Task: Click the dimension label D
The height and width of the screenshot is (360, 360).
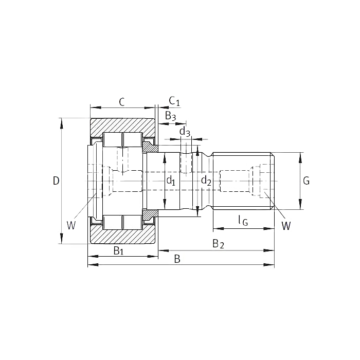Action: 56,181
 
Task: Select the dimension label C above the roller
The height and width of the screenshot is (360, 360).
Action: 122,102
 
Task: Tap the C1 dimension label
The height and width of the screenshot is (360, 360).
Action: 174,101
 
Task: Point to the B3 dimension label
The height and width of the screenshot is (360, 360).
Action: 170,116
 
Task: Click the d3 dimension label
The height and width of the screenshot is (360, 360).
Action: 185,132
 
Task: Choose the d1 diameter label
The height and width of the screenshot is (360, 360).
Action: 171,181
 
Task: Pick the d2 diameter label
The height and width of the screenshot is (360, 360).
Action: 206,181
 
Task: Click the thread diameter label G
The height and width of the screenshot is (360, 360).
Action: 307,181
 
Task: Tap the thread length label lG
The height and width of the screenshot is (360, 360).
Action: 243,221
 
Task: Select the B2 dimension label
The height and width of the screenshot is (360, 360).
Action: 218,244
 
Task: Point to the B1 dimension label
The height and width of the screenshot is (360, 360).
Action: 119,251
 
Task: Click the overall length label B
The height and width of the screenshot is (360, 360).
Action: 177,259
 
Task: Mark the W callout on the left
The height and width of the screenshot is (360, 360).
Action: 71,225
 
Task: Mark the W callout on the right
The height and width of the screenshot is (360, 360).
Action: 286,226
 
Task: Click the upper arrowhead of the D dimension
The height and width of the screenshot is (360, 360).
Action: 61,123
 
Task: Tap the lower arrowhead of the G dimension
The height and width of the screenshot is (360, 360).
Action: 300,204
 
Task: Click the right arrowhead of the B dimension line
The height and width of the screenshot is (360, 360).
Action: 269,265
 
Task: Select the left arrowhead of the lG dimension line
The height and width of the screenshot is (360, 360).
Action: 219,229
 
